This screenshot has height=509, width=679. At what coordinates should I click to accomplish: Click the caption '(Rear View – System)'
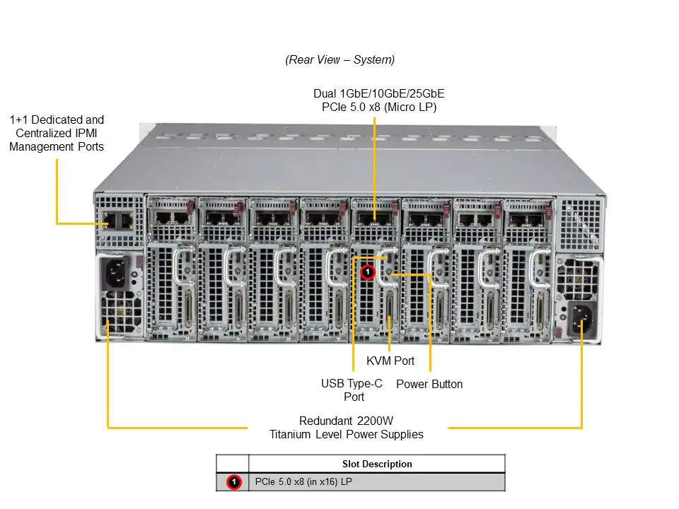[x=340, y=59]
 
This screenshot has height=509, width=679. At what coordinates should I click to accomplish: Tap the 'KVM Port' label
[x=390, y=361]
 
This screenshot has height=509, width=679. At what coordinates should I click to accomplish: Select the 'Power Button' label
[x=429, y=384]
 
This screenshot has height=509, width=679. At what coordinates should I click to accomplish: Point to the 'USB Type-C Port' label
[x=352, y=390]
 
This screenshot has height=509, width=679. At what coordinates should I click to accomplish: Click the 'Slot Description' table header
[x=377, y=464]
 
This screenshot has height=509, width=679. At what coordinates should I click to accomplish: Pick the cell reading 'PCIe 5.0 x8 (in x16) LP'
[x=303, y=481]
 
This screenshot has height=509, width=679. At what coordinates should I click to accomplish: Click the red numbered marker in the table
[x=234, y=481]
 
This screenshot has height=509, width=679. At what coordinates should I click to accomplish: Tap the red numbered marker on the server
[x=368, y=271]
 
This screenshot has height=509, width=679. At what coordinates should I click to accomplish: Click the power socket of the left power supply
[x=115, y=273]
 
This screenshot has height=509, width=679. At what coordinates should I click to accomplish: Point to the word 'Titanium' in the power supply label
[x=290, y=434]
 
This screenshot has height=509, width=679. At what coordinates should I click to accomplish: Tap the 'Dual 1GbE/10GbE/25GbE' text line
[x=379, y=93]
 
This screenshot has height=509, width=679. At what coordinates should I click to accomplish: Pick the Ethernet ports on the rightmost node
[x=526, y=220]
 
